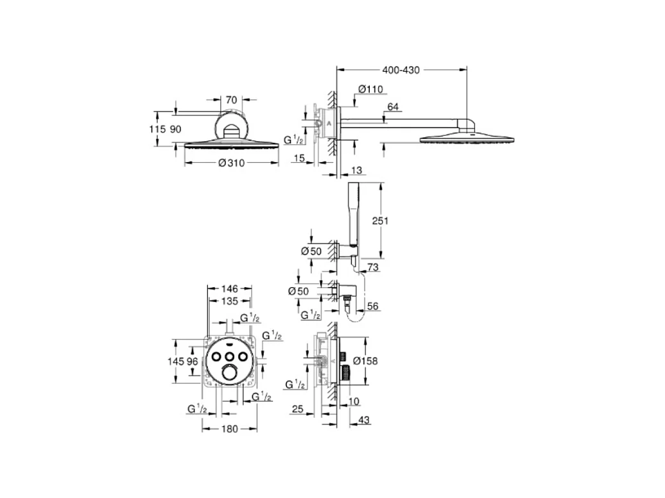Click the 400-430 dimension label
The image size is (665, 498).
(401, 71)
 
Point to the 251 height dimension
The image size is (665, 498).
(381, 220)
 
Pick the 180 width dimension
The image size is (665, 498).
(230, 429)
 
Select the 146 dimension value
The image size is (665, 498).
(230, 289)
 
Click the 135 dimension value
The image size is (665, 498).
(230, 301)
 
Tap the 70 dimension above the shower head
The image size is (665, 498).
(231, 100)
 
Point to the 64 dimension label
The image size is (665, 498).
(393, 106)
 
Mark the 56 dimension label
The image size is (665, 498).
(374, 306)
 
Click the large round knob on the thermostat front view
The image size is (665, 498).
(229, 374)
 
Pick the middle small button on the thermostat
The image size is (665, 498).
(230, 356)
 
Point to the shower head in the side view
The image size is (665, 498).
(466, 137)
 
